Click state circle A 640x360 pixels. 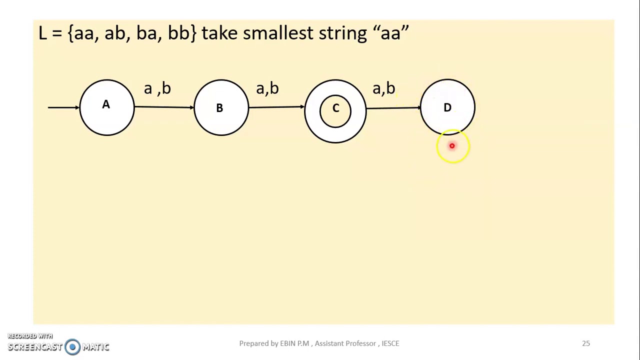click(x=106, y=107)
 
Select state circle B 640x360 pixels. click(x=220, y=107)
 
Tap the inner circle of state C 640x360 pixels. click(x=335, y=110)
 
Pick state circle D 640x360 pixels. click(x=447, y=106)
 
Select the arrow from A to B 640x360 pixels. click(x=164, y=107)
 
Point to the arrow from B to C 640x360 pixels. click(x=276, y=107)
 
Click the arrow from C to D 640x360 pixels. click(x=393, y=107)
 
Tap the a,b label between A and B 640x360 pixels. click(x=157, y=89)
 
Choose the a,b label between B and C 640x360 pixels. click(x=267, y=89)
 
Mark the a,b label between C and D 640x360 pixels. click(x=384, y=89)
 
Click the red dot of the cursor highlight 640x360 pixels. click(x=452, y=146)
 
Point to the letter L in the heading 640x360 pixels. click(x=42, y=33)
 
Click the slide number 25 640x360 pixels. click(x=586, y=343)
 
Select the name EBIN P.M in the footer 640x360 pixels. click(x=294, y=343)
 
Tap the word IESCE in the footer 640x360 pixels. click(x=390, y=343)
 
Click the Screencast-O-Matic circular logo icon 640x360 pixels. click(x=72, y=346)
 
